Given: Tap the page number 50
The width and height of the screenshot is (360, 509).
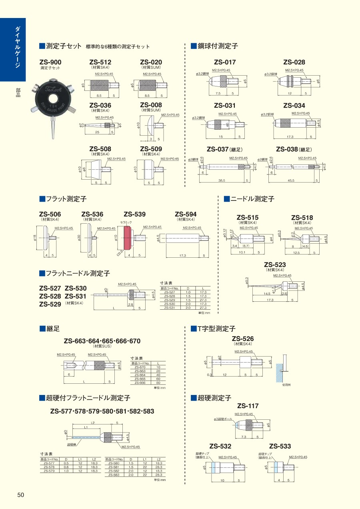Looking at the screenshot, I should click(x=21, y=495).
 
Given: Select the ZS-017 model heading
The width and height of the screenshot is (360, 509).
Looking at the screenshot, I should click(x=225, y=62).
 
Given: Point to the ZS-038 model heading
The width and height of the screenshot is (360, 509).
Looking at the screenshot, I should click(x=287, y=149).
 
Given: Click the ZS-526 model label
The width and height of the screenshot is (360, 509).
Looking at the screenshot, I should click(x=243, y=339).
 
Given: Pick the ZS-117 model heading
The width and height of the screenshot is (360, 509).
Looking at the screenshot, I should click(x=248, y=406).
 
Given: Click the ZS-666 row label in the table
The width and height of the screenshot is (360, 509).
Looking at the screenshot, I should click(x=140, y=383).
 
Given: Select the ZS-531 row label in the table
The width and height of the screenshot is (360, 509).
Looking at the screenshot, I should click(x=170, y=308).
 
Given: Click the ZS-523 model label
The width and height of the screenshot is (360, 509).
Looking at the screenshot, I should click(x=275, y=265).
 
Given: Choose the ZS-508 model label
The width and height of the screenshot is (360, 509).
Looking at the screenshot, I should click(x=100, y=149).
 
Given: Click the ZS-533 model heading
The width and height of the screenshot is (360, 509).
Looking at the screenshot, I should click(x=280, y=446).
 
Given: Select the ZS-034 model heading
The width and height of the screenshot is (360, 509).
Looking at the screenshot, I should click(x=294, y=106).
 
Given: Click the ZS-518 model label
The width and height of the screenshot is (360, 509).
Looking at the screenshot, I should click(x=302, y=218).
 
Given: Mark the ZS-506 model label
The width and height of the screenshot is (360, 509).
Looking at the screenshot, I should click(x=50, y=214).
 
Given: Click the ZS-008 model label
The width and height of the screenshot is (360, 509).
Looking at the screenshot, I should click(x=151, y=106).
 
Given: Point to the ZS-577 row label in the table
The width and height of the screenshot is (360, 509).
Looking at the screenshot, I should click(x=50, y=463).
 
